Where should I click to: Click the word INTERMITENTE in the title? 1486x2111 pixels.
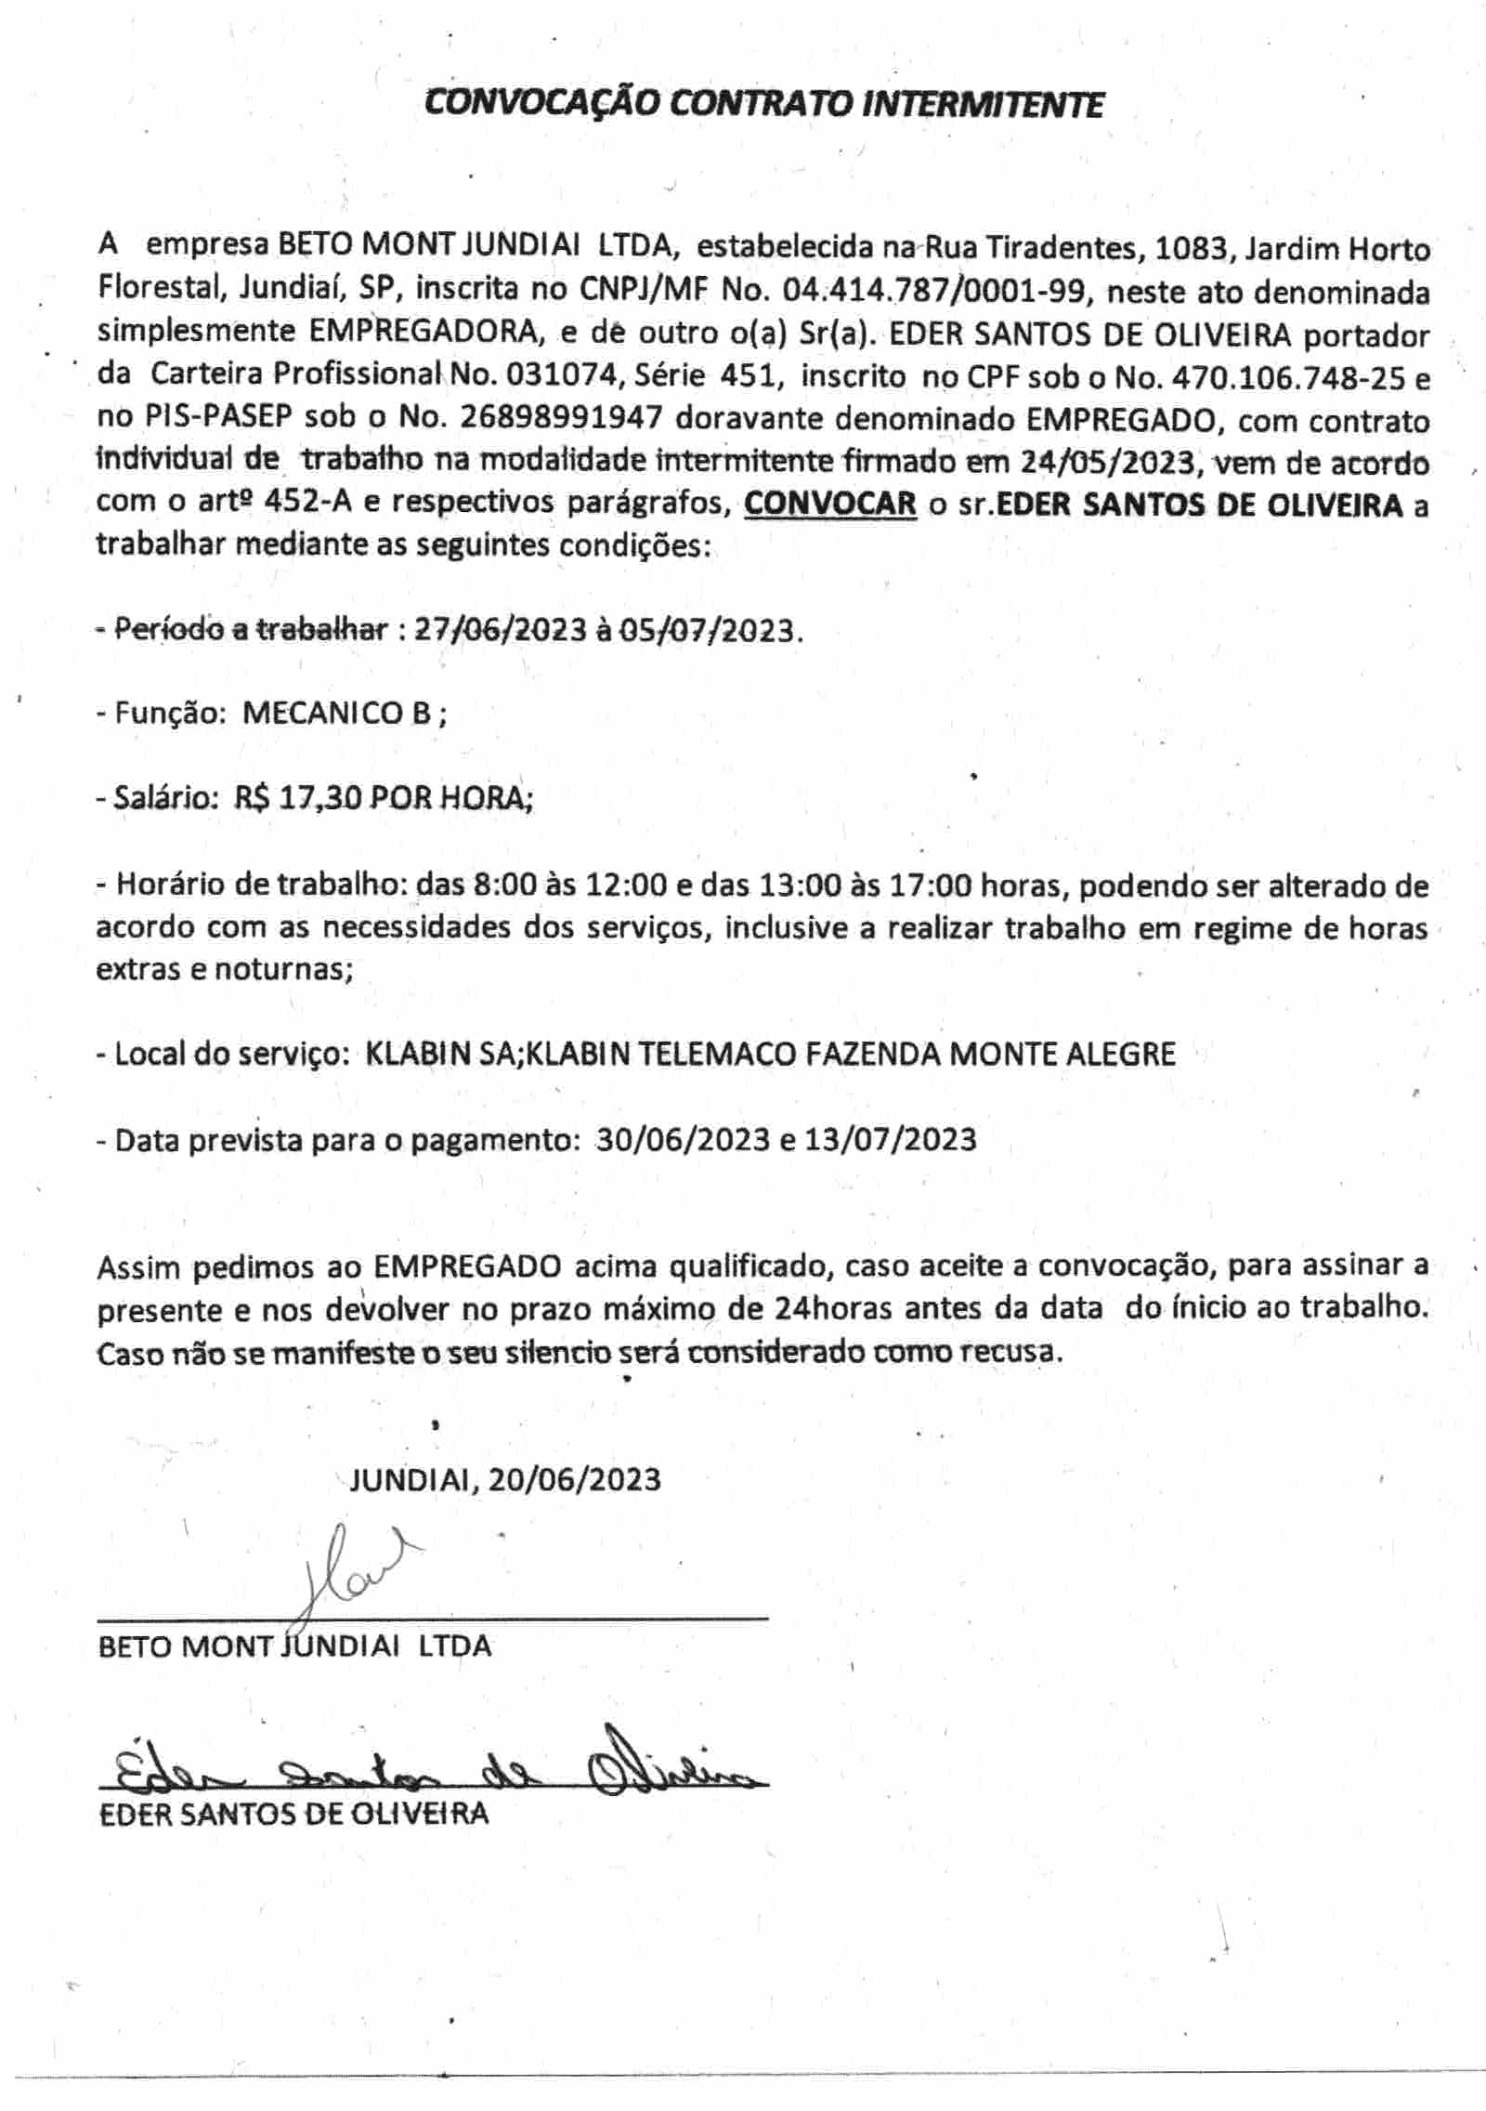point(983,104)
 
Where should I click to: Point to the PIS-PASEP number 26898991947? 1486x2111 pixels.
point(561,418)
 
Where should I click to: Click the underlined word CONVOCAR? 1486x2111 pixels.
point(830,505)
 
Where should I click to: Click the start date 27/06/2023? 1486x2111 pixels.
point(500,630)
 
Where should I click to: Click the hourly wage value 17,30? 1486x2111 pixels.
point(319,797)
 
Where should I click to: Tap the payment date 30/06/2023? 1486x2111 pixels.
point(683,1139)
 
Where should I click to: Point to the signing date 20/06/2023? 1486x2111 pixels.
point(574,1479)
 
